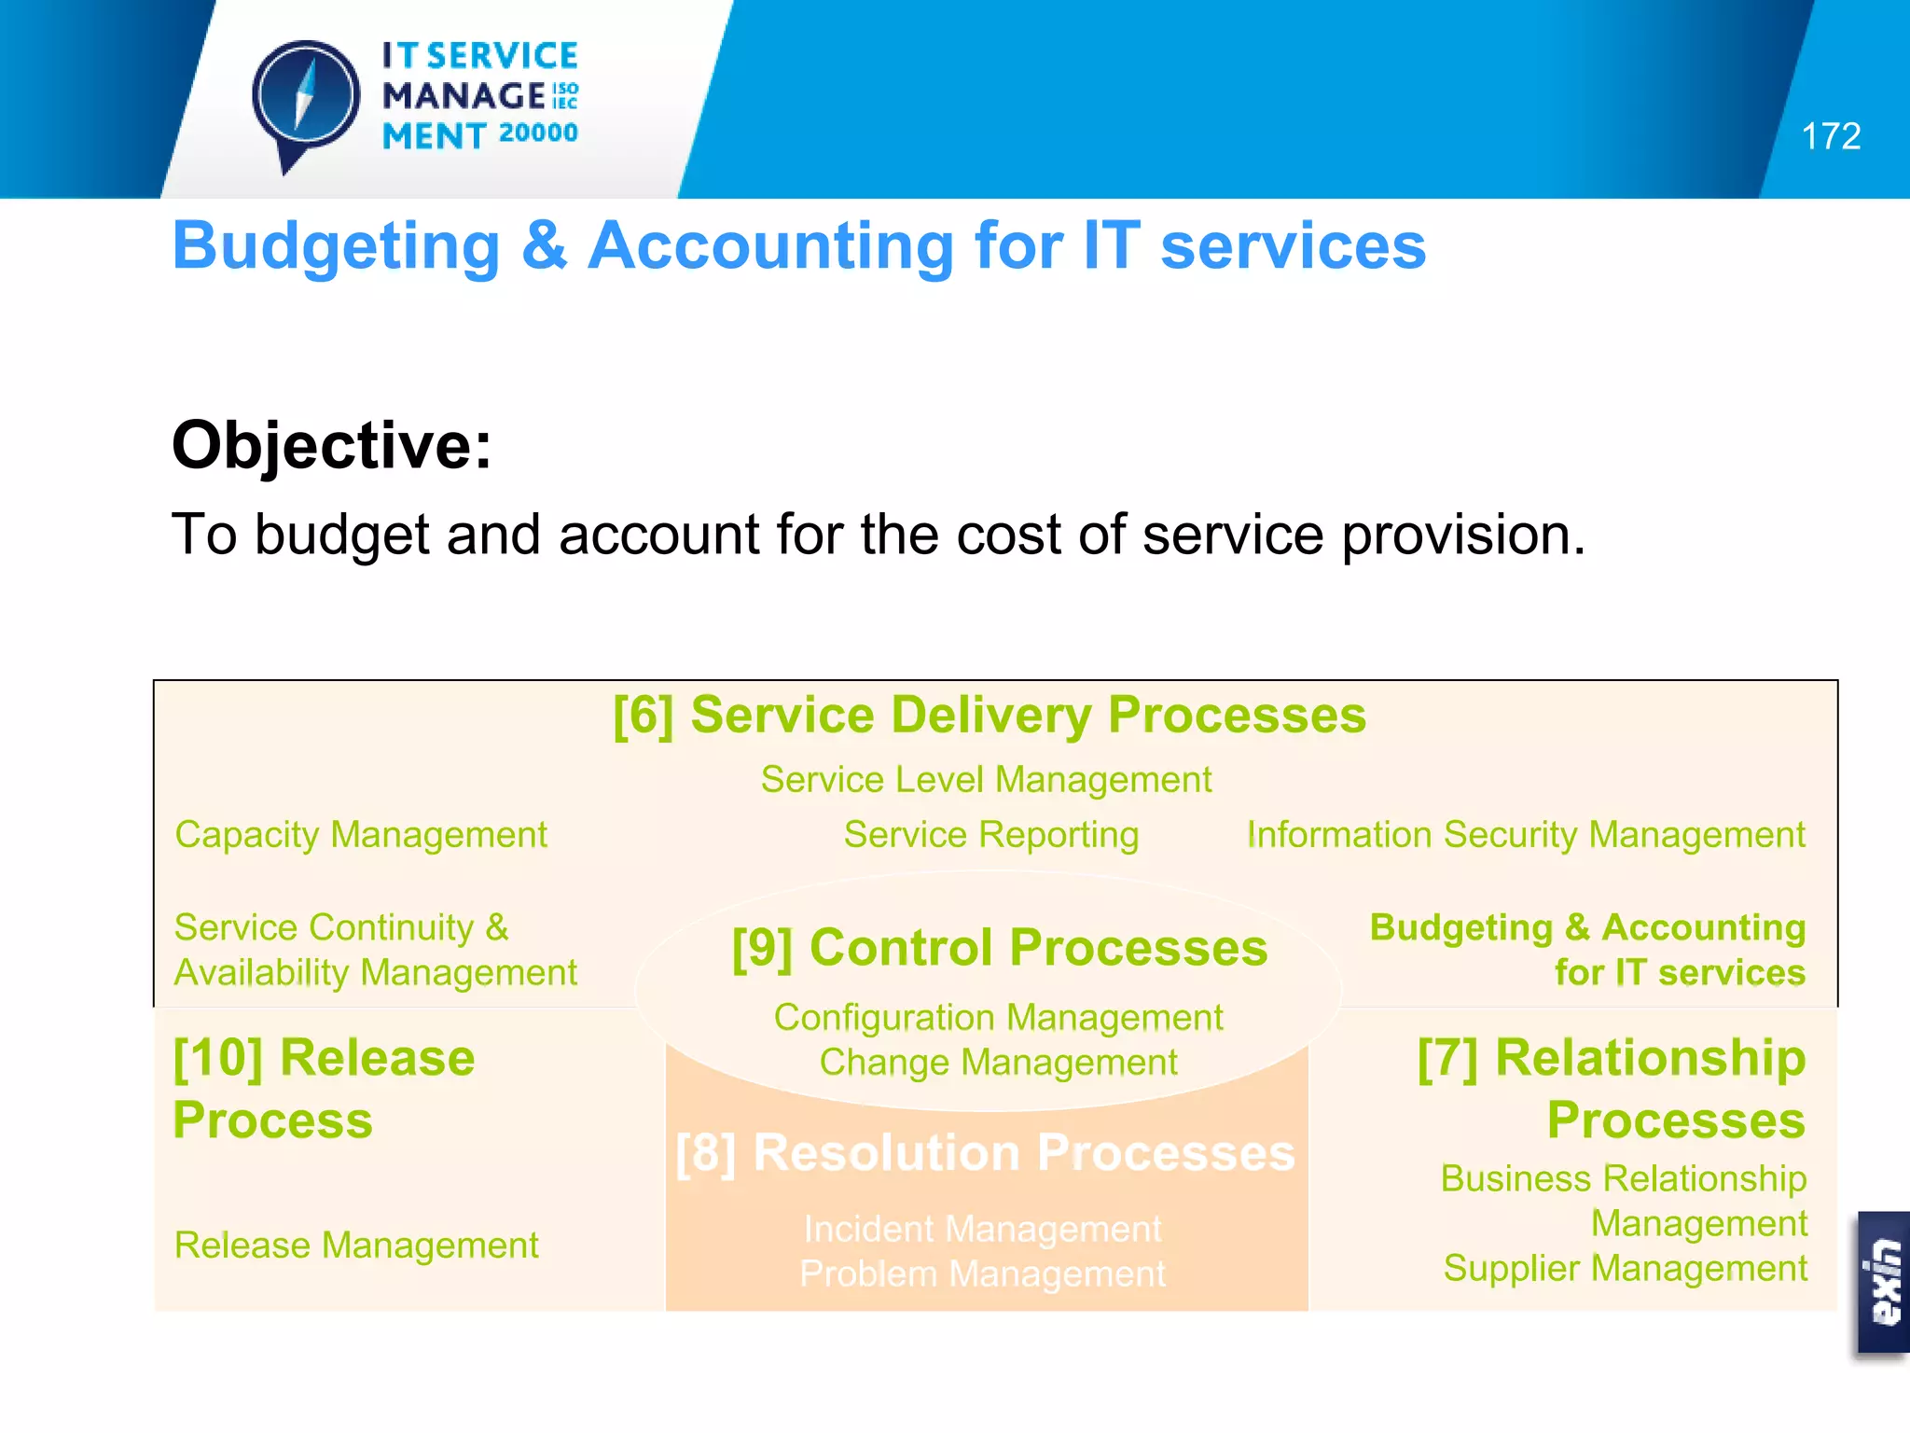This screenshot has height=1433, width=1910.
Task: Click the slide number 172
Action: tap(1830, 136)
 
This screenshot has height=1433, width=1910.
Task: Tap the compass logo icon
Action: tap(305, 99)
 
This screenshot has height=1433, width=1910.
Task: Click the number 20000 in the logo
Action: tap(538, 133)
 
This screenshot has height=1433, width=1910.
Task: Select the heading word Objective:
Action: tap(331, 445)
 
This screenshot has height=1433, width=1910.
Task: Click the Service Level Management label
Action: tap(986, 779)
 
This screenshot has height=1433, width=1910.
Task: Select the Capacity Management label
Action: tap(360, 834)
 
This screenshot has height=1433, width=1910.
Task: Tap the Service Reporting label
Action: tap(990, 834)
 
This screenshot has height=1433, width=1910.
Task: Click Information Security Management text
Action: tap(1526, 834)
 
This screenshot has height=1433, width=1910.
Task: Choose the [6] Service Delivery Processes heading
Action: tap(989, 716)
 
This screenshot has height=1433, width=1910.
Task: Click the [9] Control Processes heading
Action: tap(999, 948)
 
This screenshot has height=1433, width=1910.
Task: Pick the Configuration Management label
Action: tap(998, 1017)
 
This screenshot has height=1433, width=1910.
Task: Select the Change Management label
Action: tap(998, 1062)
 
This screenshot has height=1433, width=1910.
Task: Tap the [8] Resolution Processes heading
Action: tap(985, 1152)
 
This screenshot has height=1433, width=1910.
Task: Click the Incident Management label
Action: tap(982, 1229)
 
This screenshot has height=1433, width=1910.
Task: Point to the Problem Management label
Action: tap(982, 1273)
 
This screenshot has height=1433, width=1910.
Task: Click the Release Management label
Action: tap(356, 1245)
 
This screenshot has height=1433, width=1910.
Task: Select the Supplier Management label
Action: tap(1625, 1268)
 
